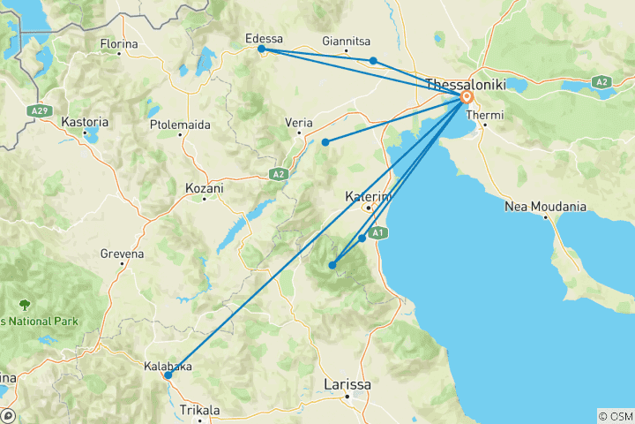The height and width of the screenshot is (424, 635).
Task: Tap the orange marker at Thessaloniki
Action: tap(466, 98)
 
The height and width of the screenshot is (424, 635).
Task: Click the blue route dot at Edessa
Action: tap(261, 49)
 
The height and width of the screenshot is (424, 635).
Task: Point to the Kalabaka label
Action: tap(168, 364)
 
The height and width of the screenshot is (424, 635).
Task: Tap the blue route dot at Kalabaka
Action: tap(168, 375)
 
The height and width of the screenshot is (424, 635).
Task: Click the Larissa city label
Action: tap(347, 385)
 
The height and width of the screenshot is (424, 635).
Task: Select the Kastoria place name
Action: tap(86, 121)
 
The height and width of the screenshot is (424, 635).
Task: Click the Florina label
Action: tap(120, 43)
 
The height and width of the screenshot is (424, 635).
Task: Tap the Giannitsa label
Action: tap(347, 41)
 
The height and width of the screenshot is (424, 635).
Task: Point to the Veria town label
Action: tap(300, 123)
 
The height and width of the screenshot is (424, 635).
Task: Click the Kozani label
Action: tap(205, 188)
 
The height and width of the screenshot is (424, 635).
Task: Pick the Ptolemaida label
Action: tap(181, 125)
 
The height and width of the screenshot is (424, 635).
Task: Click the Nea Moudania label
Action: tap(545, 206)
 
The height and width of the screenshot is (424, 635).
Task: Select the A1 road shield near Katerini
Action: tap(377, 232)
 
